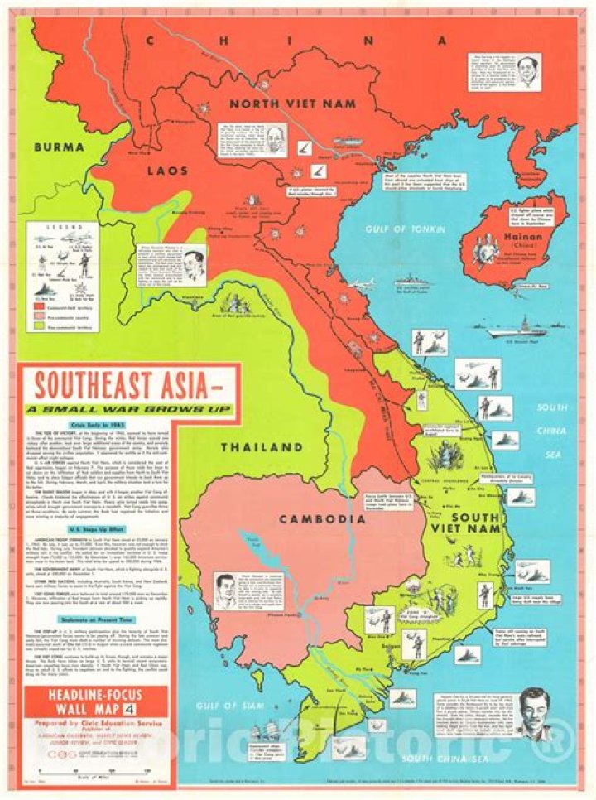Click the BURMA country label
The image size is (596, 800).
(60, 147)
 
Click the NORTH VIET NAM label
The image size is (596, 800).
(292, 104)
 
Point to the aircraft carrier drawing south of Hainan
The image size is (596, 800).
(517, 329)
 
